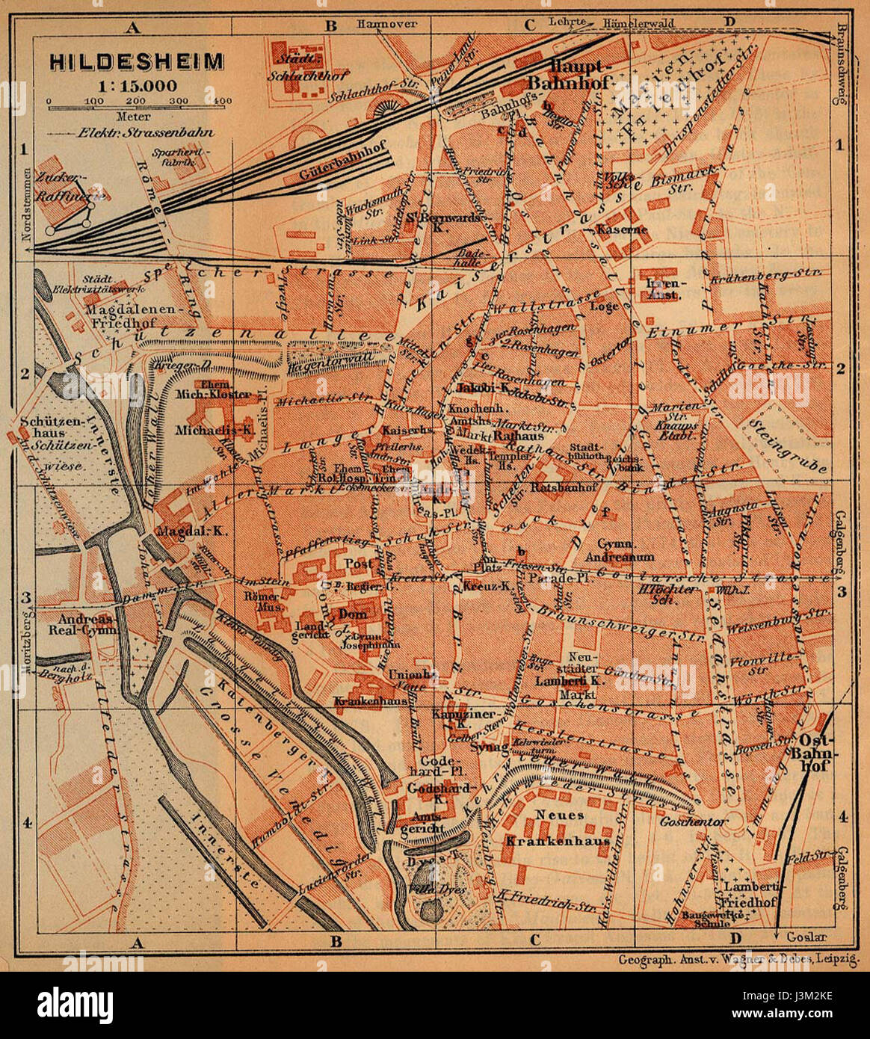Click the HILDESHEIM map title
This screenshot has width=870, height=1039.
[137, 61]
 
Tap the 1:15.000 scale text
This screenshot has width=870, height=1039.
[137, 84]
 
